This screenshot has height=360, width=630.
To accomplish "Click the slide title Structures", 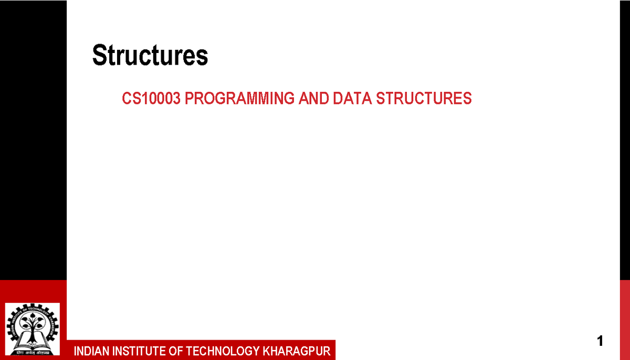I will (150, 56).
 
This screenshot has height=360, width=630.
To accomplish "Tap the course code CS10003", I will (152, 99).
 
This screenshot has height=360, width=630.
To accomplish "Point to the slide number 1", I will (600, 341).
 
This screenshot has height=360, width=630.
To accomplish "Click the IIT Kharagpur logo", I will (32, 330).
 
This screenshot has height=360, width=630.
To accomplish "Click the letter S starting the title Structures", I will (99, 56).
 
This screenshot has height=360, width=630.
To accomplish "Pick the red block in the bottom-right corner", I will (625, 320).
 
